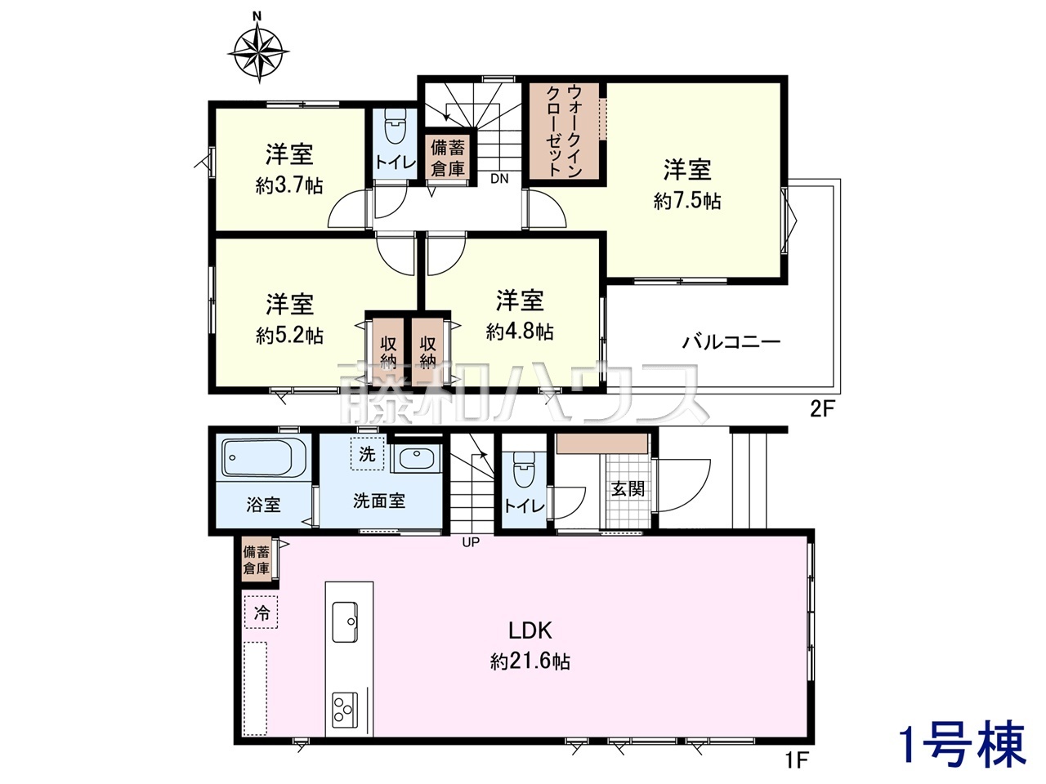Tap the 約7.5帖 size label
687,202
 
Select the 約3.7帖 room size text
289,186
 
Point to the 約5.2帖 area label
289,336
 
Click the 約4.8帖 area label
520,332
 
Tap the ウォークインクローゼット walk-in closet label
564,131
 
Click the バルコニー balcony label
731,342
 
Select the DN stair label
499,179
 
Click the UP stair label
471,542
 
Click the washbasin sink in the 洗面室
417,459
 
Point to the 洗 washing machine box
366,453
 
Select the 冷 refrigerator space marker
261,612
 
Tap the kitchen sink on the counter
345,622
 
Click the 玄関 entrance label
628,488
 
